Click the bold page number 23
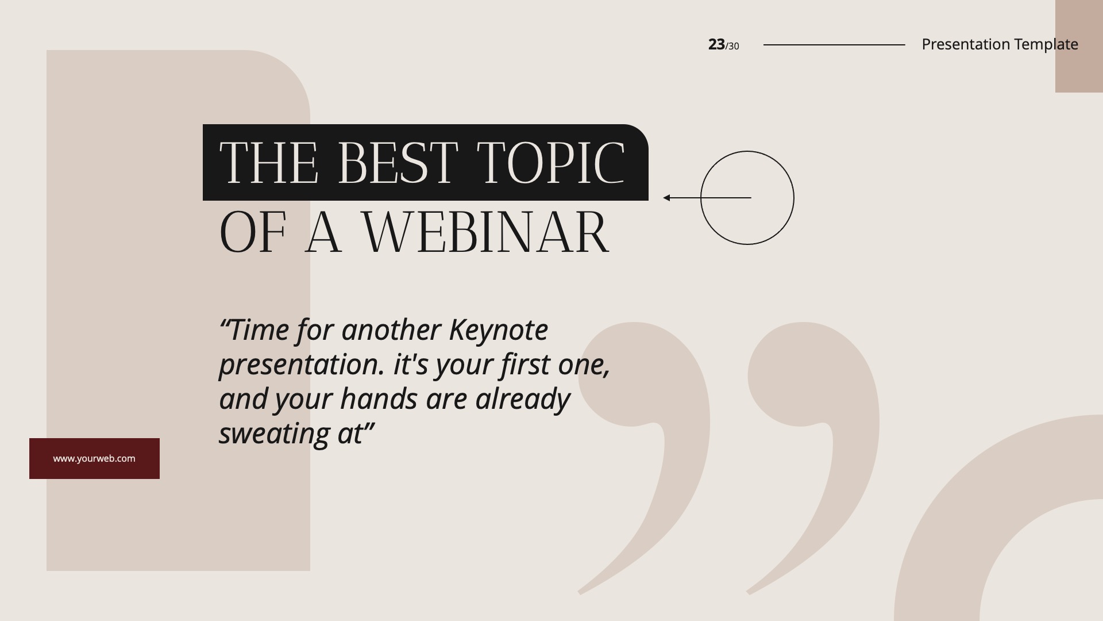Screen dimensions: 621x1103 tap(716, 44)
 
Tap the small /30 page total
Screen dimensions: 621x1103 tap(732, 46)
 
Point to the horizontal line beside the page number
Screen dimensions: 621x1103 tap(834, 44)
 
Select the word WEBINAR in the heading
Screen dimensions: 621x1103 tap(485, 232)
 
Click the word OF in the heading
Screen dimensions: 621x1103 tap(253, 232)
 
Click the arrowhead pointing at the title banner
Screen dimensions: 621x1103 tap(666, 198)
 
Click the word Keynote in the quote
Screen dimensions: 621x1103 tap(498, 330)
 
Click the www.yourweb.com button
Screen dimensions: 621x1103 tap(94, 458)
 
